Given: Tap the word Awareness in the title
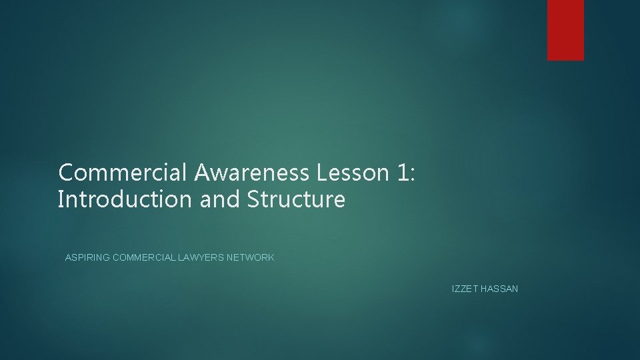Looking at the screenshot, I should (253, 173).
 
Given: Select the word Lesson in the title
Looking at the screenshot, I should (352, 173).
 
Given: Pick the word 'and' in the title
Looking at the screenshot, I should (221, 199).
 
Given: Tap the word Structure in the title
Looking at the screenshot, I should (298, 199).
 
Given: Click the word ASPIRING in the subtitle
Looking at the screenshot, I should (88, 257).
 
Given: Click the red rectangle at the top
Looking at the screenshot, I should (565, 30).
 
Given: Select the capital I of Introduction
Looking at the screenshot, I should (61, 199).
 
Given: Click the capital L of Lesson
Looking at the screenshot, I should (322, 173).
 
